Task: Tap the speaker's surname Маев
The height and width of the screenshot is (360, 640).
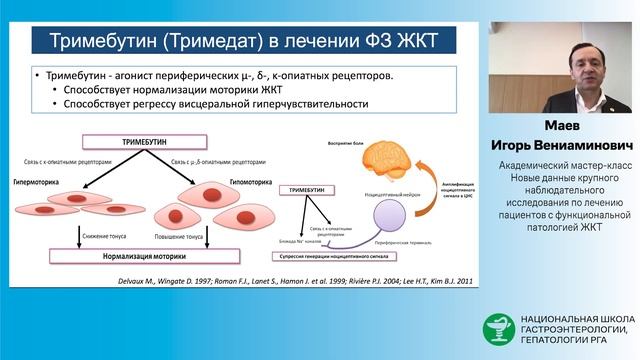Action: point(560,127)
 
